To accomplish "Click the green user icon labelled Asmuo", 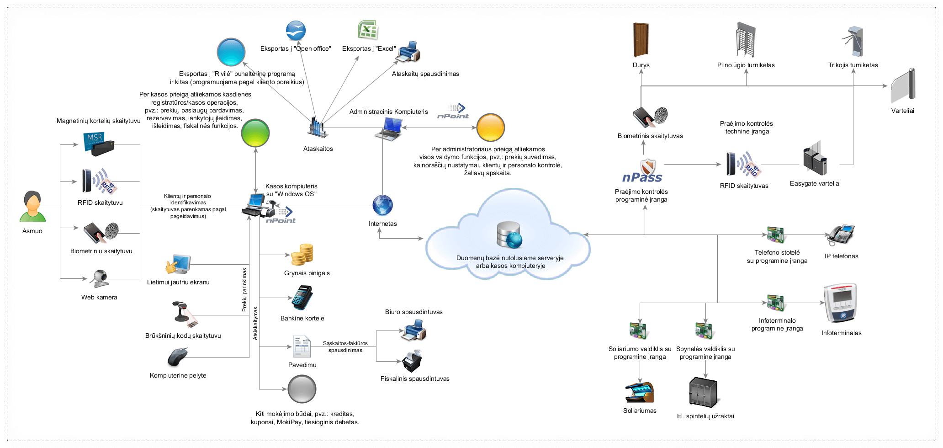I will coord(32,207).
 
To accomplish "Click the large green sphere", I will coord(255,133).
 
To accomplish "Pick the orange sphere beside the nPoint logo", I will coord(490,128).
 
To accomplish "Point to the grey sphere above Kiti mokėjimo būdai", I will coord(302,389).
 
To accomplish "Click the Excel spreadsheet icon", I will coord(368,30).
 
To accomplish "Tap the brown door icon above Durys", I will coord(641,40).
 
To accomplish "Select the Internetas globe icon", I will coord(382,205).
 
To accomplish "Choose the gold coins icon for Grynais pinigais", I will coord(302,255).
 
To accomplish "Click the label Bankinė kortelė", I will coord(302,318).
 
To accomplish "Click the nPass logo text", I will coord(642,177).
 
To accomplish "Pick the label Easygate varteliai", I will coord(815,183).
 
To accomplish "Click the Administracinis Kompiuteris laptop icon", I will coord(389,128).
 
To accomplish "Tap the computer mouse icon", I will coord(178,357).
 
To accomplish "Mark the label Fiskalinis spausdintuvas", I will coord(415,379).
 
